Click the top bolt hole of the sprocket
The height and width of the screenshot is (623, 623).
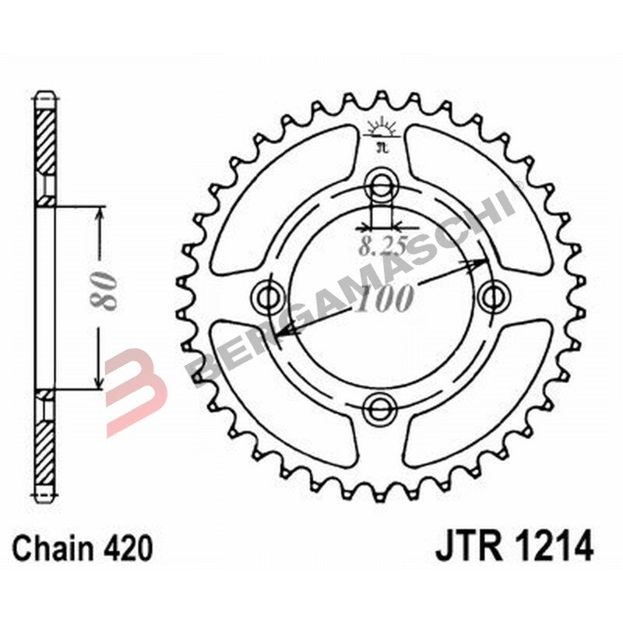tap(382, 185)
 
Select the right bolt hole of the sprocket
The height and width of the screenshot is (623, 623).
tap(491, 296)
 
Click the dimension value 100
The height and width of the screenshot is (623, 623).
tap(382, 298)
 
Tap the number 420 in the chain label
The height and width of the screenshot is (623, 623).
tap(127, 550)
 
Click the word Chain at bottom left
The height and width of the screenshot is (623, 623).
tap(56, 550)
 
